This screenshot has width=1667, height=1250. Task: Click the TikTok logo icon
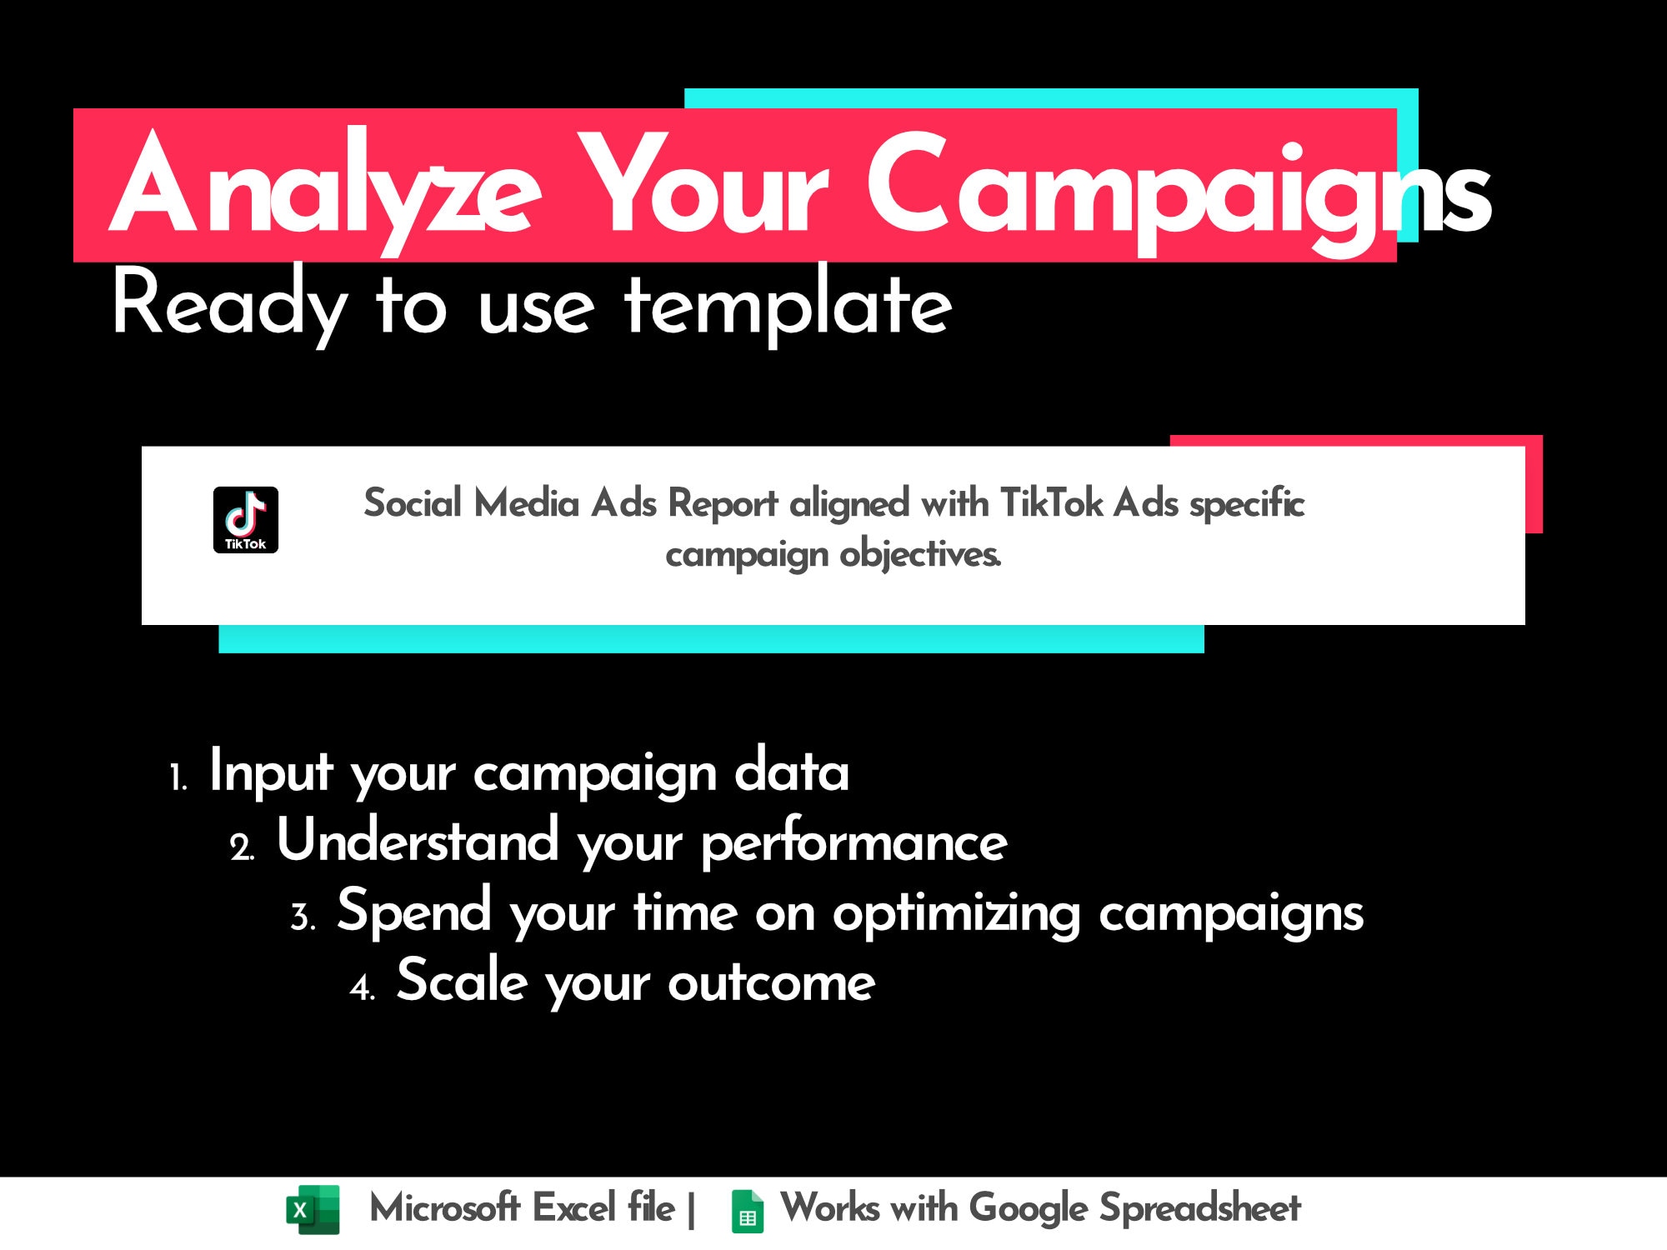(x=246, y=519)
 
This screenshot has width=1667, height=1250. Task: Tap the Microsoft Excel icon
(x=313, y=1209)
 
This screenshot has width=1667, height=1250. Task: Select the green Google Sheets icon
(x=747, y=1211)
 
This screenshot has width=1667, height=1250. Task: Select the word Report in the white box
(x=723, y=503)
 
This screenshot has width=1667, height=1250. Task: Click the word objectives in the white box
(x=920, y=554)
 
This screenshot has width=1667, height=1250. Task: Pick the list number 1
(x=178, y=778)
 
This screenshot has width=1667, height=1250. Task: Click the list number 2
(x=242, y=848)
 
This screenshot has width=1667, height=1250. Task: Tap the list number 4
(x=363, y=988)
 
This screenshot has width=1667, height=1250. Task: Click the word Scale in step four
(x=462, y=981)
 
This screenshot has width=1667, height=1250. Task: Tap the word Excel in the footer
(x=573, y=1207)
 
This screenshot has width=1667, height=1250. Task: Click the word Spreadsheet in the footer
(x=1199, y=1208)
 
